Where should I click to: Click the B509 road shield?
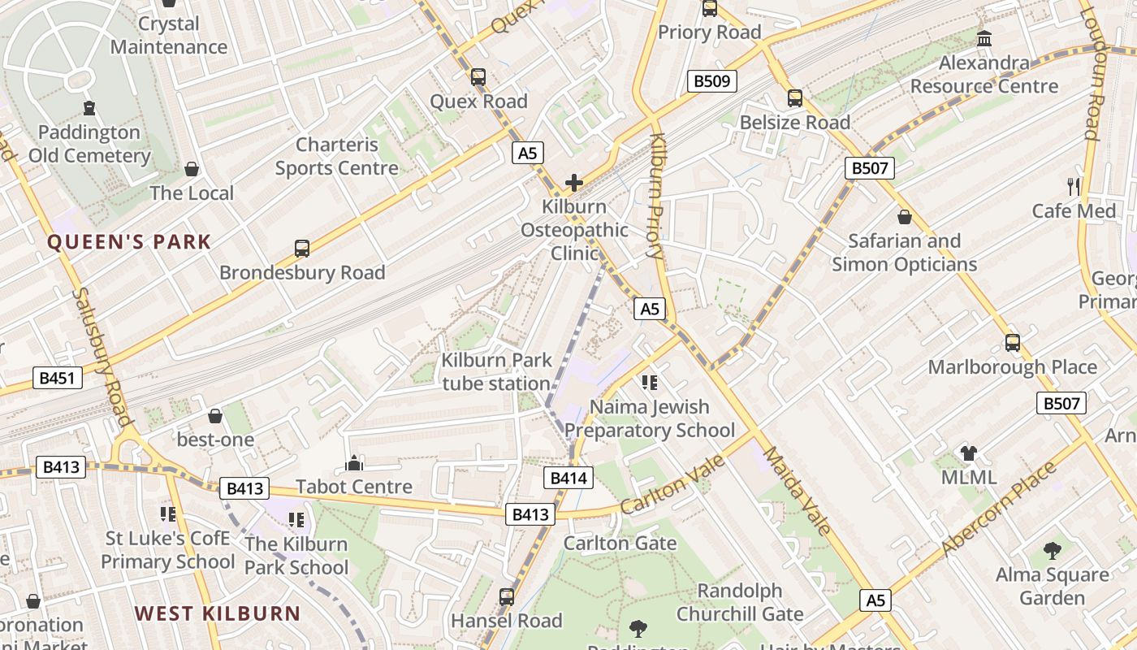[712, 81]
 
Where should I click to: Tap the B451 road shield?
[58, 377]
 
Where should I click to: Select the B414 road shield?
[568, 478]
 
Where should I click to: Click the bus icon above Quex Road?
[478, 77]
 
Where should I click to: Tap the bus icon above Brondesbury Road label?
[302, 249]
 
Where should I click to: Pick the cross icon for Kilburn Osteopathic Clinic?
[574, 183]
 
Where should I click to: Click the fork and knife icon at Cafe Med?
[1074, 186]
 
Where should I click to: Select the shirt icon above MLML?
[968, 453]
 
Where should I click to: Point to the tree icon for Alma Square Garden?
[1053, 551]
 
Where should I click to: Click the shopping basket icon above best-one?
[215, 416]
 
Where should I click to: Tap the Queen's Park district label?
[128, 242]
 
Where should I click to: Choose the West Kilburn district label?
[218, 613]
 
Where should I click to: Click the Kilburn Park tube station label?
[496, 371]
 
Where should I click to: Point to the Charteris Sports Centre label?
[337, 156]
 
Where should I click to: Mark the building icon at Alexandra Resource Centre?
[984, 38]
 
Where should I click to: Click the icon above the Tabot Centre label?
[354, 463]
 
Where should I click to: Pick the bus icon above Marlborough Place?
[1012, 343]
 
